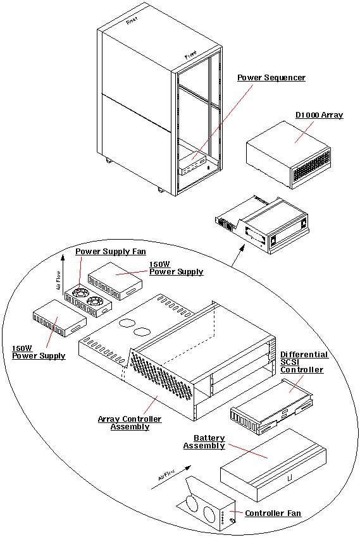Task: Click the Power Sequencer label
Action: coord(271,78)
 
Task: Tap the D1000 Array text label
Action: coord(319,115)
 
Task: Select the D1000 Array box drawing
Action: coord(288,154)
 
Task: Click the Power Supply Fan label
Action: coord(111,251)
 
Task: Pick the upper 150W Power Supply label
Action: coord(176,267)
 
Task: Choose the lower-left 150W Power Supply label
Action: coord(38,352)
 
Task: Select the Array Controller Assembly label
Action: coord(129,423)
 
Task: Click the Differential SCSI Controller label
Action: coord(304,362)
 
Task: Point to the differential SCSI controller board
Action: coord(272,408)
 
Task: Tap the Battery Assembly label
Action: coord(204,442)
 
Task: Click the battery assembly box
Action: coord(272,465)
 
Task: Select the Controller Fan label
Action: coord(273,513)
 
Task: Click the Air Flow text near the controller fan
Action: coord(163,480)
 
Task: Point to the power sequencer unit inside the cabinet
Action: coord(193,166)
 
